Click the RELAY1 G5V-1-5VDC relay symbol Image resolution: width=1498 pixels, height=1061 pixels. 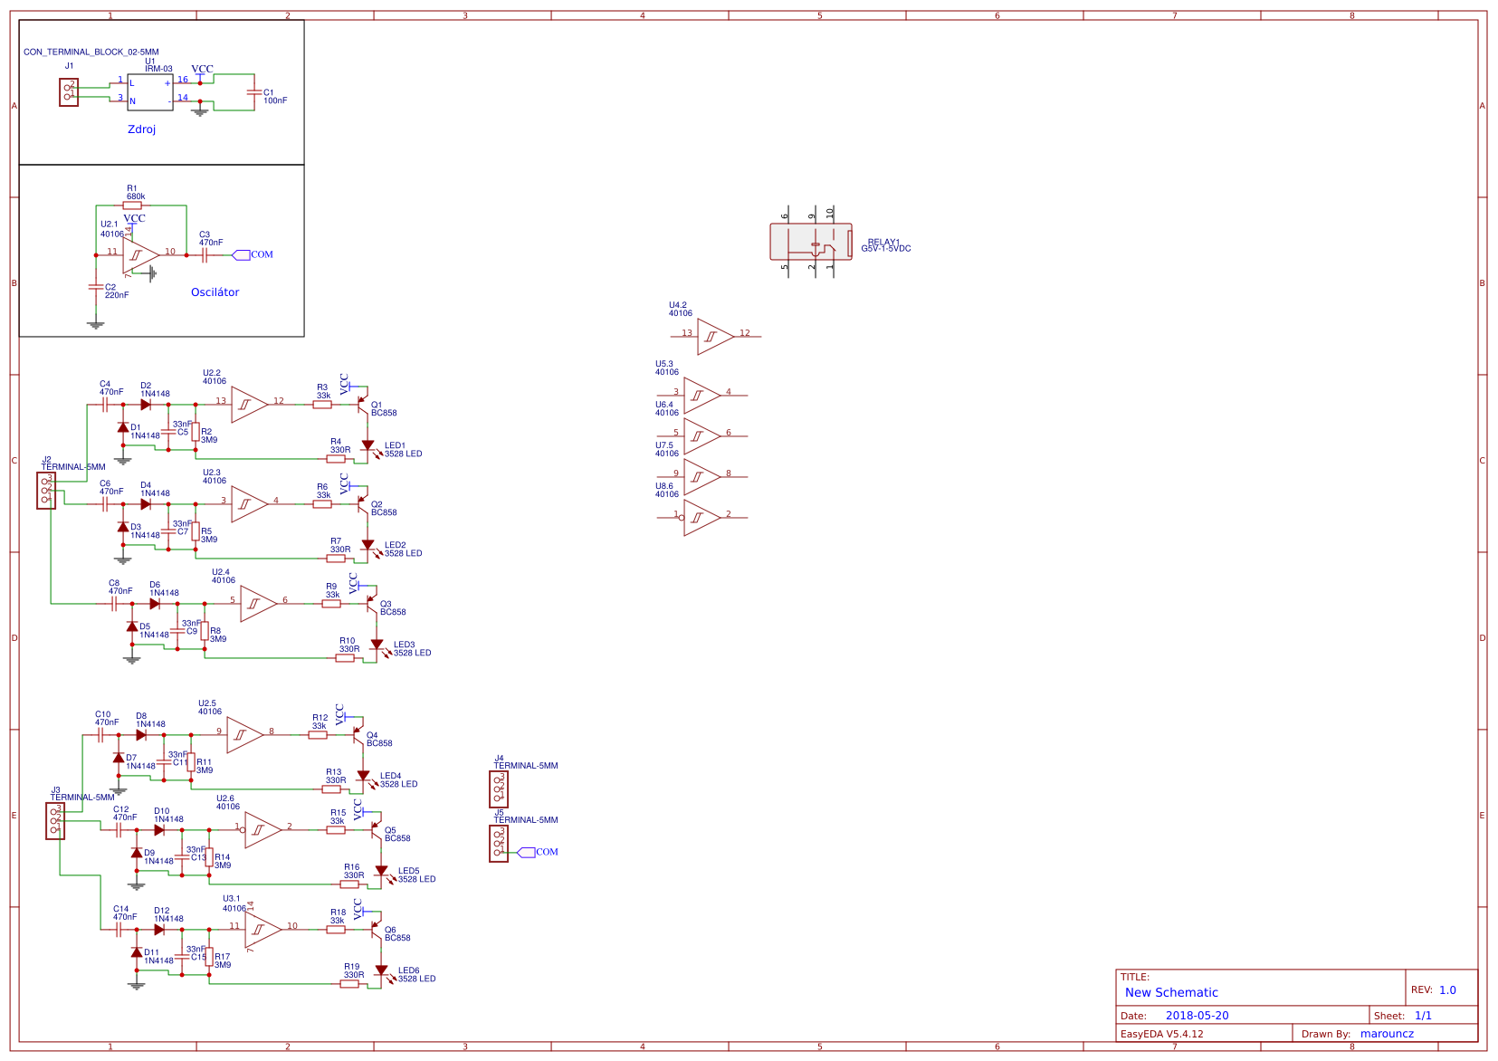[811, 243]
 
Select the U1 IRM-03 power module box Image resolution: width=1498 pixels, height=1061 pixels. [150, 92]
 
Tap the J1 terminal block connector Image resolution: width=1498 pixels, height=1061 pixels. [69, 92]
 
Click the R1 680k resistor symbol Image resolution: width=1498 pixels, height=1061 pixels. [132, 206]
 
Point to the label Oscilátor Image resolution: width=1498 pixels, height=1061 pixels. [215, 292]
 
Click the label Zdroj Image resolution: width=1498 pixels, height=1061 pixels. [141, 129]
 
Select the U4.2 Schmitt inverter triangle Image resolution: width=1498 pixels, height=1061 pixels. [714, 337]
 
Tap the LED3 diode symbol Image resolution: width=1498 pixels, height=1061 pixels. [377, 645]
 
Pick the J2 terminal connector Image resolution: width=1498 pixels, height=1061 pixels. [46, 491]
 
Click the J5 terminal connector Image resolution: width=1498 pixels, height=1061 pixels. [499, 844]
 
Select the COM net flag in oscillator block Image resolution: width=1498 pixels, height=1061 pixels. [242, 255]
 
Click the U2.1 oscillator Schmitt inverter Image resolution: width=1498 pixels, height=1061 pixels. [139, 255]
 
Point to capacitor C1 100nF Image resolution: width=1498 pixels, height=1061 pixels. [253, 93]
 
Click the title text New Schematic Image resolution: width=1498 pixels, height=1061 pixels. [1171, 992]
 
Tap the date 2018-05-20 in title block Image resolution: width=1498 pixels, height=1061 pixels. [1197, 1016]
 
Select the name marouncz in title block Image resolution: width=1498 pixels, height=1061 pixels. [1387, 1034]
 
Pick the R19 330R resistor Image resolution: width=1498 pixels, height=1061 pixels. [350, 984]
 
